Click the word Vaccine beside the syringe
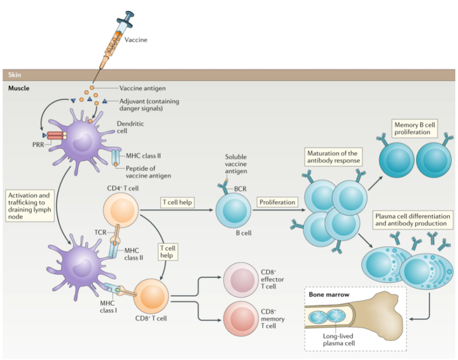click(x=136, y=40)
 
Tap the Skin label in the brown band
click(x=15, y=75)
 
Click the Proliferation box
click(x=277, y=202)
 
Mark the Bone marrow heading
click(x=327, y=294)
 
